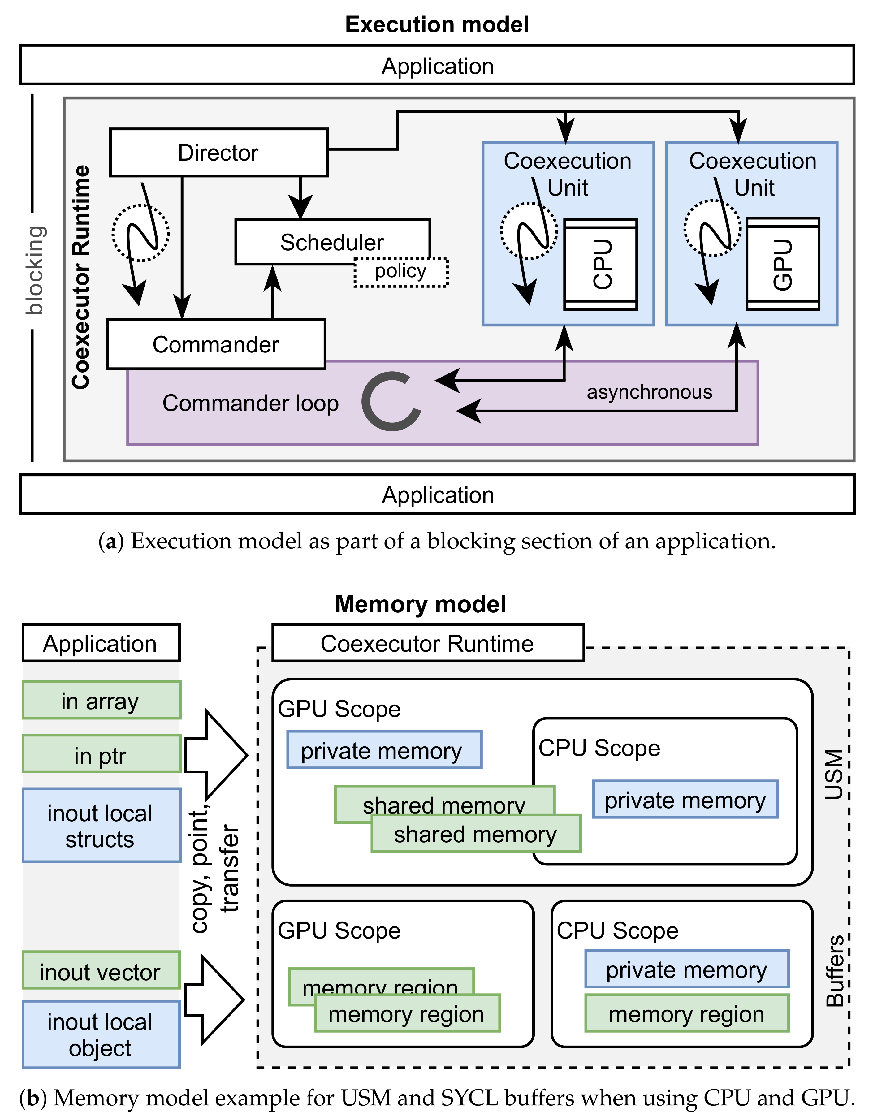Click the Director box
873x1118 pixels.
[218, 153]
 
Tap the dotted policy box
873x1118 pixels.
[401, 272]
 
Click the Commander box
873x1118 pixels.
[216, 344]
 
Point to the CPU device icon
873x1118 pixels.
[601, 264]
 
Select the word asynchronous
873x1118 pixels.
[649, 392]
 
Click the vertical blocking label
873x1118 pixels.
[35, 270]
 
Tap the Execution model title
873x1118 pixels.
[437, 24]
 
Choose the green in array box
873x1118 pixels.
[101, 700]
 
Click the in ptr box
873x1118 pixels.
[101, 754]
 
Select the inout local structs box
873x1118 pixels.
[101, 826]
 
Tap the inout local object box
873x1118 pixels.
[101, 1034]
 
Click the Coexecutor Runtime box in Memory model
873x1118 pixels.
[428, 643]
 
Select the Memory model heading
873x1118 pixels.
[420, 604]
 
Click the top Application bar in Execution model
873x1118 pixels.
[437, 66]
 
